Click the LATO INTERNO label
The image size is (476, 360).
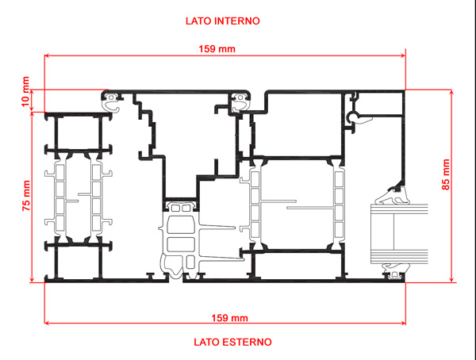(222, 21)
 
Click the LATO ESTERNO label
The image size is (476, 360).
(232, 342)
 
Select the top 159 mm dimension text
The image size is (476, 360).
(217, 49)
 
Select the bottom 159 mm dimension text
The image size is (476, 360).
(229, 318)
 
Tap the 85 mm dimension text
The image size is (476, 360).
(446, 174)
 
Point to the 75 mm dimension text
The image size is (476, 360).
(26, 196)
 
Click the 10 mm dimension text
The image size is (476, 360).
(25, 92)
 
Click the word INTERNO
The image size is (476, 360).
(236, 21)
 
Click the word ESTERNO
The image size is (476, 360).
(247, 342)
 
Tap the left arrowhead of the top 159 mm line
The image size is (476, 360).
(47, 56)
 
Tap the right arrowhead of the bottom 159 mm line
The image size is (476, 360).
(403, 323)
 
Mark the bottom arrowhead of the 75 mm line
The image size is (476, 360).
(32, 280)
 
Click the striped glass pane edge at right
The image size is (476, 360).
(399, 233)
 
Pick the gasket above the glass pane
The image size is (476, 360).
(392, 196)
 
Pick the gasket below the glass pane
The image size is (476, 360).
(395, 270)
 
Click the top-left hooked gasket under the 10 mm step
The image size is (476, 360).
(110, 101)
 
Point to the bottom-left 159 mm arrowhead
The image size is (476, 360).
(47, 323)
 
